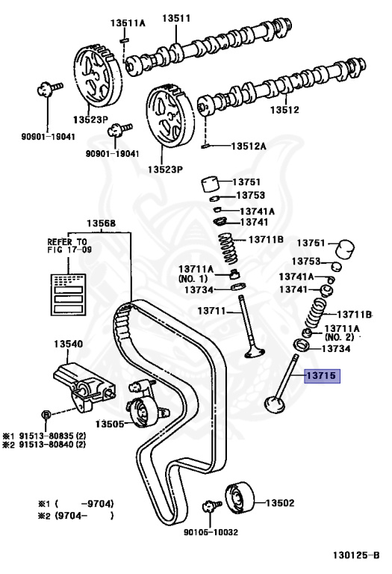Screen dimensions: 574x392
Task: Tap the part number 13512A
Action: coord(249,146)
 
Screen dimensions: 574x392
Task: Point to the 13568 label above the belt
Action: coord(101,223)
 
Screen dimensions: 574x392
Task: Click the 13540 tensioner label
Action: coord(68,345)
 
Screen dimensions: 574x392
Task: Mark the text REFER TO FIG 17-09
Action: coord(68,247)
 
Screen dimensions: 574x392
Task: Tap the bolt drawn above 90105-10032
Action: coord(211,508)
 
